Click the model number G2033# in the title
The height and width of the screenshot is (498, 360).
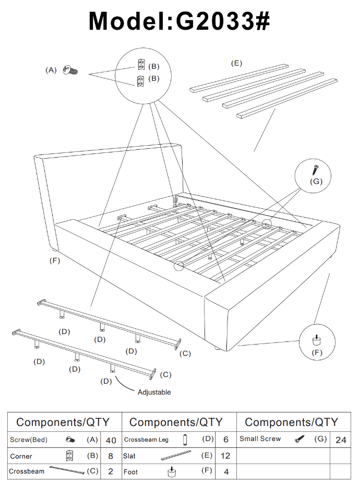click(x=223, y=21)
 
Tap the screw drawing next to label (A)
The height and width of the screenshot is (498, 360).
click(x=69, y=70)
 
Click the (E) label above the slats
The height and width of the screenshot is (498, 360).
click(x=236, y=63)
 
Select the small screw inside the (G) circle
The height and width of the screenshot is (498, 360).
click(x=316, y=170)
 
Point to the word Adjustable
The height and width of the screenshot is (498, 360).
click(x=154, y=392)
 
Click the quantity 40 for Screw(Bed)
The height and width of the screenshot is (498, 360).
click(x=111, y=440)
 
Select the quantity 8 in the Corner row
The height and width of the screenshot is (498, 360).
click(x=111, y=456)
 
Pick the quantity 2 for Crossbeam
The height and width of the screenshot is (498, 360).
click(x=111, y=471)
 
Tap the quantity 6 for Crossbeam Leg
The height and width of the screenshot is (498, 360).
click(x=226, y=440)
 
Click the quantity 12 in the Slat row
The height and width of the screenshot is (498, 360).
click(x=226, y=456)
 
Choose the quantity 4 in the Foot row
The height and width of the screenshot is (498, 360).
click(x=226, y=471)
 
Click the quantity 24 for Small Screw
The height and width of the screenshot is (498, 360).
click(x=341, y=440)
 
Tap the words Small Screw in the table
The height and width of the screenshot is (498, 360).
click(x=260, y=439)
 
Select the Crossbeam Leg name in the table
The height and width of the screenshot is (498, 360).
click(x=147, y=440)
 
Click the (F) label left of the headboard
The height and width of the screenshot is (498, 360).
click(x=55, y=260)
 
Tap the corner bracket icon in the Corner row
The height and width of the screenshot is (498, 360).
click(x=69, y=456)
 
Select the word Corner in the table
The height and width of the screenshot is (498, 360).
click(x=21, y=456)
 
